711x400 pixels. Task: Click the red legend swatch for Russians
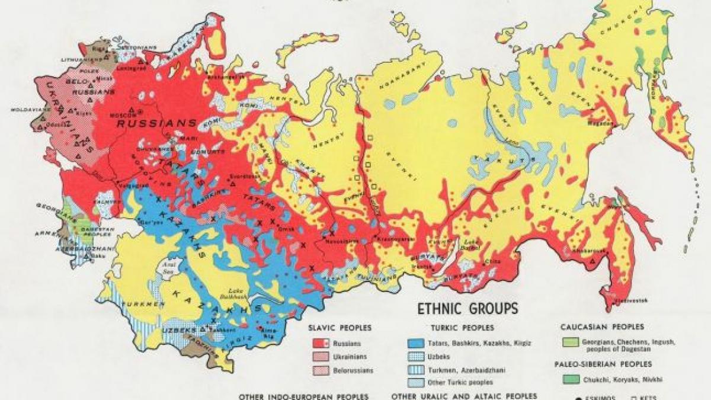click(x=321, y=343)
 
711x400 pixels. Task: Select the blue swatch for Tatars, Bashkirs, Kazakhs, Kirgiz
click(x=416, y=343)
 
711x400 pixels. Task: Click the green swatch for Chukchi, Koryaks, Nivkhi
click(x=570, y=378)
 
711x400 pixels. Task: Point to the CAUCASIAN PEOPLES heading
click(x=603, y=327)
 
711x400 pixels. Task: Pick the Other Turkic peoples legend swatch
click(x=416, y=383)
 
